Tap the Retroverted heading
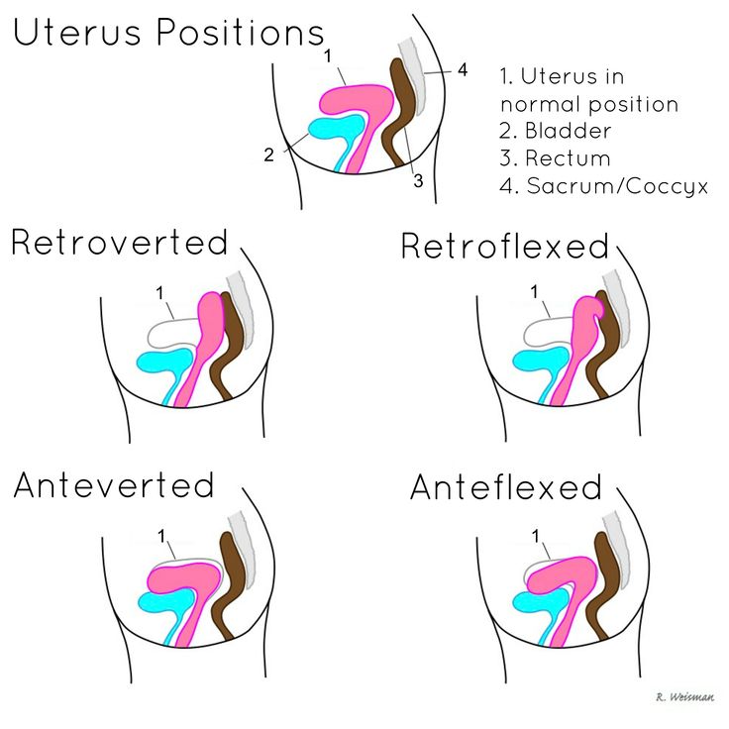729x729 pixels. click(120, 242)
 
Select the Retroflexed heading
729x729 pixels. click(504, 246)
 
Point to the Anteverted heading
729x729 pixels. click(114, 484)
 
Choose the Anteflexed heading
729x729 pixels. click(505, 486)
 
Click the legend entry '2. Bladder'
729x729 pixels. click(556, 131)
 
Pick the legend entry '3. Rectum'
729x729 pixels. click(555, 158)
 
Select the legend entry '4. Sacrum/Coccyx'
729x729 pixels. click(604, 185)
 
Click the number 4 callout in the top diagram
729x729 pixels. click(462, 70)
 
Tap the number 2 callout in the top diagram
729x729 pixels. click(268, 155)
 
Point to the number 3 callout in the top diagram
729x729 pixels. click(418, 180)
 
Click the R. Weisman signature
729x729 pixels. click(683, 697)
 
